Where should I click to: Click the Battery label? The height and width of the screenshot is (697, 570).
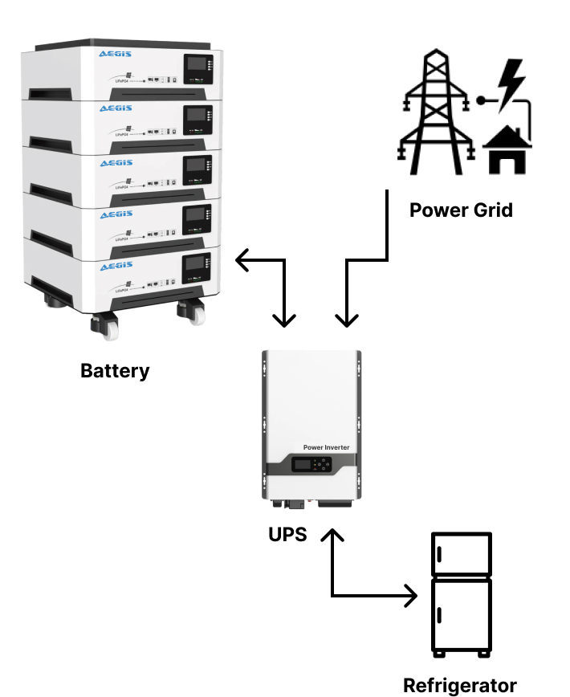pyautogui.click(x=115, y=371)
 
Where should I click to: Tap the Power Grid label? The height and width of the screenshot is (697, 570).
pyautogui.click(x=461, y=210)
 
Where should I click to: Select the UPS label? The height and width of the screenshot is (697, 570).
pyautogui.click(x=287, y=534)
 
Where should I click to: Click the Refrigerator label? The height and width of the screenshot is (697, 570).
pyautogui.click(x=459, y=685)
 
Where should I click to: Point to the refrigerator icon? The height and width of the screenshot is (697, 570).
pyautogui.click(x=461, y=595)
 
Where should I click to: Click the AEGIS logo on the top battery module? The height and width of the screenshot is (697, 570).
pyautogui.click(x=115, y=55)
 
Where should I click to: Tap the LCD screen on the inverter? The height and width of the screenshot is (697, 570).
pyautogui.click(x=303, y=465)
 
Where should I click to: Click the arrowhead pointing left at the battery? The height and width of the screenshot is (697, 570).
pyautogui.click(x=240, y=260)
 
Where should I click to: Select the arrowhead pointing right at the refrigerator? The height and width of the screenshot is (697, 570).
pyautogui.click(x=413, y=597)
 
